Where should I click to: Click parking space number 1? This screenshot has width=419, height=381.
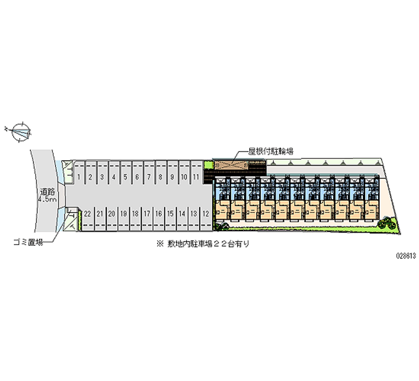pos(79,177)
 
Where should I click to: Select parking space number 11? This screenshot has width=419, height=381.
pos(196,177)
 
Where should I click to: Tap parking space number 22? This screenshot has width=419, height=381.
pos(87,214)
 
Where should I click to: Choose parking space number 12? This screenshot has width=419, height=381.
pos(206,214)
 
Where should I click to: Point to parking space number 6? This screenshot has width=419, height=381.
pos(137,177)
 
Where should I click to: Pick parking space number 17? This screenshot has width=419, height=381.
pos(147,214)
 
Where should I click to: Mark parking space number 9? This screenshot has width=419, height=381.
pos(172,177)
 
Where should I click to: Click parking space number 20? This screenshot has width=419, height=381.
pos(112,214)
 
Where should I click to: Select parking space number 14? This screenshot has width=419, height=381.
pos(182,214)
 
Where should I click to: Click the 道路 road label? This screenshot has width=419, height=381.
pos(48,192)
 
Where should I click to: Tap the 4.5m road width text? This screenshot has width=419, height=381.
pos(47,200)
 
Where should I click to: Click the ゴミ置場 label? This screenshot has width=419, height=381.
pos(28,243)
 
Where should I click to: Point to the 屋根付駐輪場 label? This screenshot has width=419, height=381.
pos(271,151)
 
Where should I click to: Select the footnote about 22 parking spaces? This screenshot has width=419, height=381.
pos(203,244)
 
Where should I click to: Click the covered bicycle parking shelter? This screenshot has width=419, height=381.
pos(231,165)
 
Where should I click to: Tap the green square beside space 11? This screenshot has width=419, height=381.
pos(207,165)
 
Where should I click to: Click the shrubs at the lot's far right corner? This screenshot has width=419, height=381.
pos(386,222)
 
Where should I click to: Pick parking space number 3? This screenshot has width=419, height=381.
pos(102,177)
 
